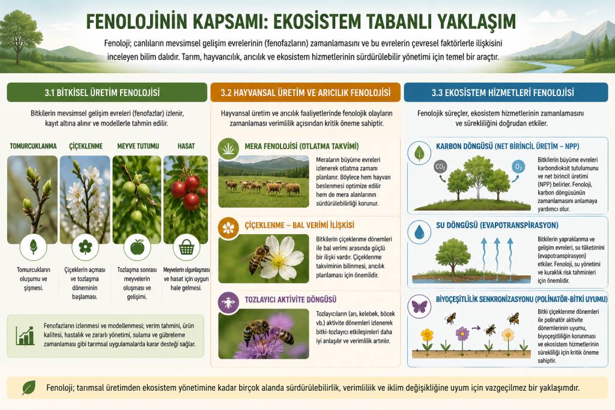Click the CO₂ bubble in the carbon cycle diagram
click(440, 167)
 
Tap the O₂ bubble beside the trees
click(518, 167)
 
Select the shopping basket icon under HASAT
click(186, 247)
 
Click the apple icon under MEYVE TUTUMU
click(138, 247)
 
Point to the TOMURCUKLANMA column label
click(34, 146)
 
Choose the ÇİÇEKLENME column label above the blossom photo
click(86, 146)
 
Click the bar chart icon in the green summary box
click(25, 336)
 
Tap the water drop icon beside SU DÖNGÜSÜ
click(419, 232)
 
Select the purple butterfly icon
click(419, 307)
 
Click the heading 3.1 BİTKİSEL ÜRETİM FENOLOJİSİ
click(102, 93)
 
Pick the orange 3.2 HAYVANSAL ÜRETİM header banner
click(306, 92)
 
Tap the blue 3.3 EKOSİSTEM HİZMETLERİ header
click(506, 92)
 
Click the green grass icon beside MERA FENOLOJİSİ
click(229, 148)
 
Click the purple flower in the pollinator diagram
click(462, 334)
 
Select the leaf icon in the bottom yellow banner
click(29, 388)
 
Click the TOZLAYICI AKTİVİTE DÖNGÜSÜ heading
click(291, 300)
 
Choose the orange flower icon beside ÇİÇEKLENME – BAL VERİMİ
click(228, 228)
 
